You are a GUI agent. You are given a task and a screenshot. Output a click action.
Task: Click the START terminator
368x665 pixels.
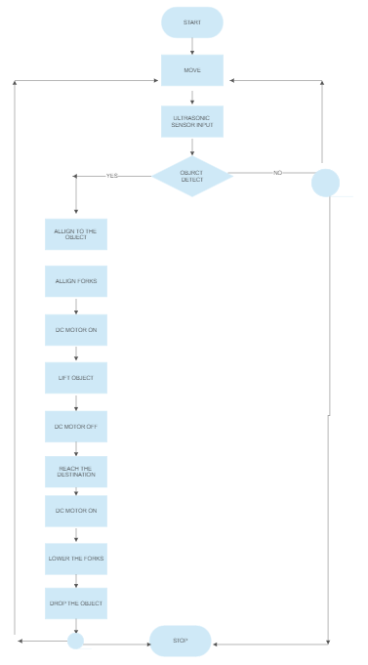click(192, 21)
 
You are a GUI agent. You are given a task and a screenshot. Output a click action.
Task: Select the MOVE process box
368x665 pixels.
click(192, 70)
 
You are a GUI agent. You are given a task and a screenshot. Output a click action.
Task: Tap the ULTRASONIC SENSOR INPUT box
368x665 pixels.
click(192, 121)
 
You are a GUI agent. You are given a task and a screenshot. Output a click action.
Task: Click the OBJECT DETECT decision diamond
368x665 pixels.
click(192, 176)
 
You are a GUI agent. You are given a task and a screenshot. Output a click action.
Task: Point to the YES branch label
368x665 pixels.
click(112, 176)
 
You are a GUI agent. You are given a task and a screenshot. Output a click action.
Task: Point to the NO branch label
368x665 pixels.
click(277, 173)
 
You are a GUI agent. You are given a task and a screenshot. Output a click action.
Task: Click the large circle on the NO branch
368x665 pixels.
click(325, 182)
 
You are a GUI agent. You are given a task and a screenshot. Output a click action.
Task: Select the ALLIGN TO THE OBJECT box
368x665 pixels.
click(76, 234)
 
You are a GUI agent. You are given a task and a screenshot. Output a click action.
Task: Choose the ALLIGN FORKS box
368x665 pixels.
click(76, 282)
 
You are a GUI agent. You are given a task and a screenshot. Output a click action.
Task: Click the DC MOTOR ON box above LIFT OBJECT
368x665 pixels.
click(76, 330)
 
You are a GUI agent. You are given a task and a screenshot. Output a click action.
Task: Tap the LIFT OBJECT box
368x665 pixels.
click(76, 377)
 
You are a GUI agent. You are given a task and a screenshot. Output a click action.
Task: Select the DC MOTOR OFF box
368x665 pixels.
click(76, 426)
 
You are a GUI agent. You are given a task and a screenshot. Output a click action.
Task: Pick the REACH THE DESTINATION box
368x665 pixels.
click(76, 473)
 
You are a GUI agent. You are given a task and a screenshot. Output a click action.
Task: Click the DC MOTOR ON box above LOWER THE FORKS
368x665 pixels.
click(76, 511)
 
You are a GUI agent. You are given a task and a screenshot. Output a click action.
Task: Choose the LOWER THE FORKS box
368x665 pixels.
click(76, 559)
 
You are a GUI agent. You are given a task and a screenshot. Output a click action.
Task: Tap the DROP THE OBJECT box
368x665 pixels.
click(76, 603)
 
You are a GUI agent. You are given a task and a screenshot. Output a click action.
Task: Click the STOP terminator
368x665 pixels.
click(181, 641)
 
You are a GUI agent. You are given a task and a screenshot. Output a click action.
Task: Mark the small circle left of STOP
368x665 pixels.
click(75, 641)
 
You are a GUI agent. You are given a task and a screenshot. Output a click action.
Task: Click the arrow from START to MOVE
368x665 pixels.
click(192, 46)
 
